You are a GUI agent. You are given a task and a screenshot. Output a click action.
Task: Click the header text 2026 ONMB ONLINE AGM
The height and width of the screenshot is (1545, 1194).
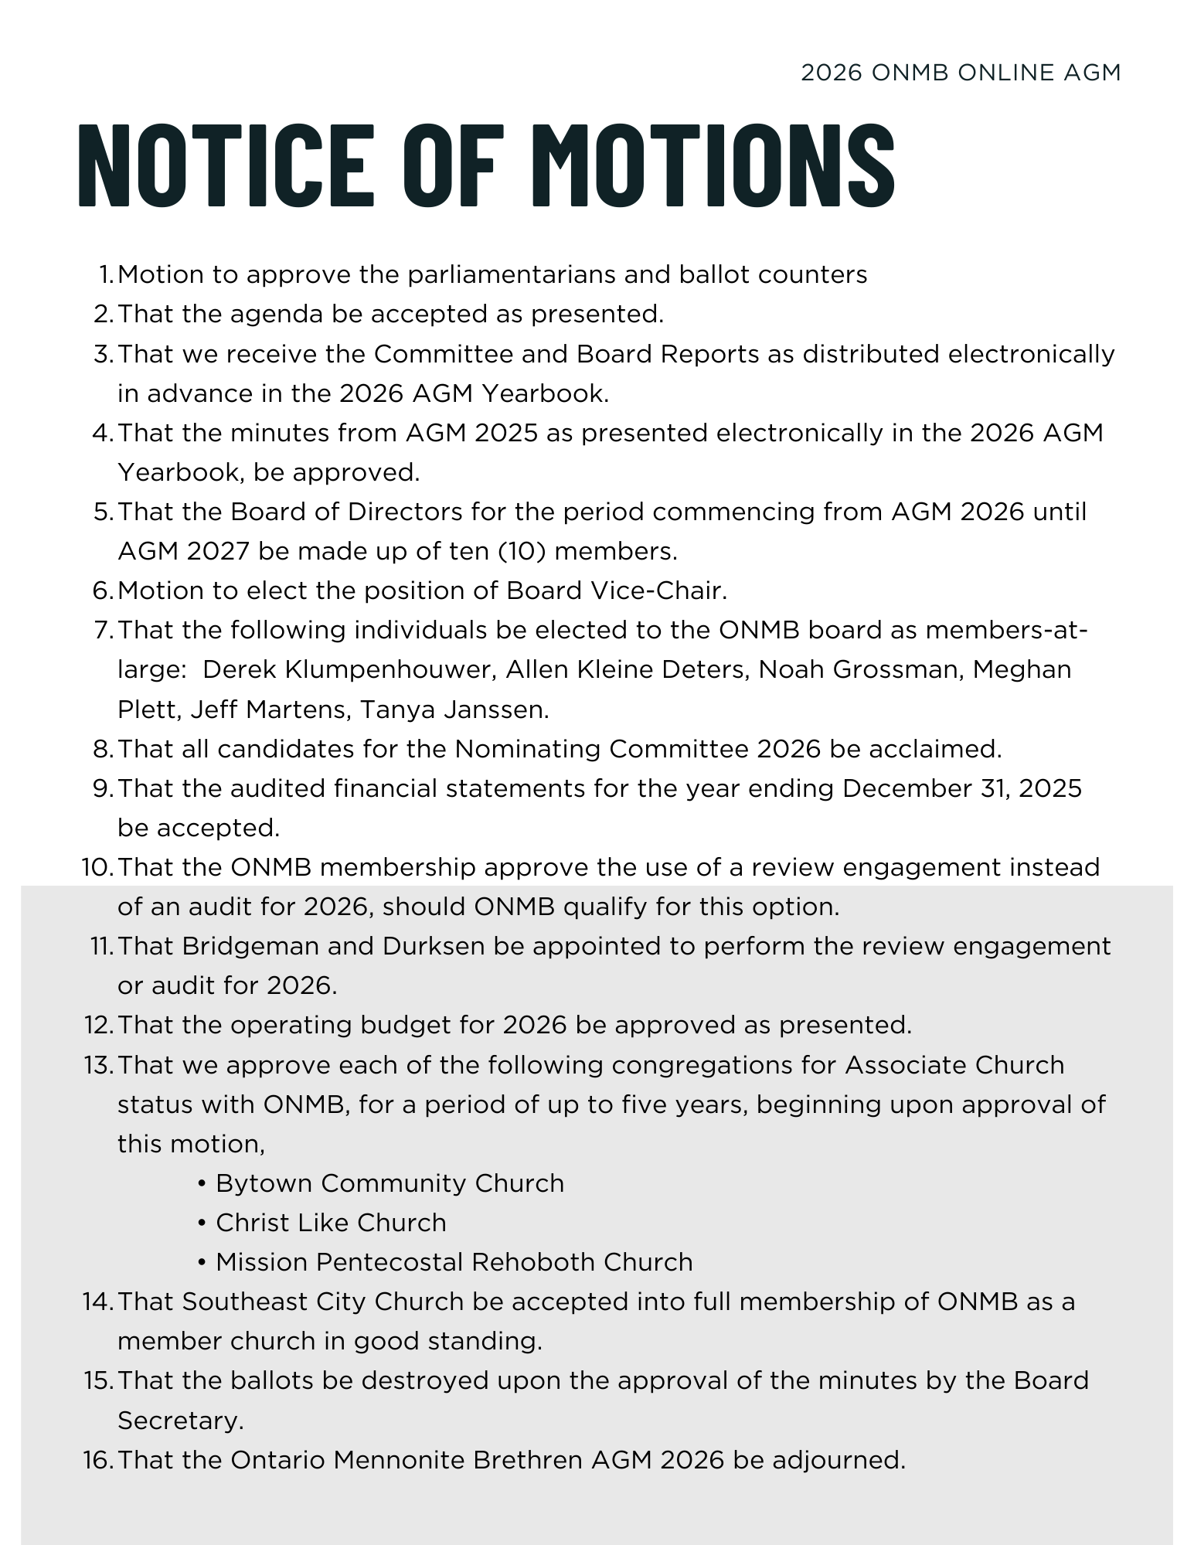click(961, 73)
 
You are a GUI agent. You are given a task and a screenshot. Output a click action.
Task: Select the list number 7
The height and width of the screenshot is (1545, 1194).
click(103, 630)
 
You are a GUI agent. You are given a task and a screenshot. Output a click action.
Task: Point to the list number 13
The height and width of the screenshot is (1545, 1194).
click(97, 1065)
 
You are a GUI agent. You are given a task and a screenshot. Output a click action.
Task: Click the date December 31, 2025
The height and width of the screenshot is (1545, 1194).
click(962, 788)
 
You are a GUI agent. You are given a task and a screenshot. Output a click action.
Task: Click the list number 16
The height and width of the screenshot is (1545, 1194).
click(97, 1460)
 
